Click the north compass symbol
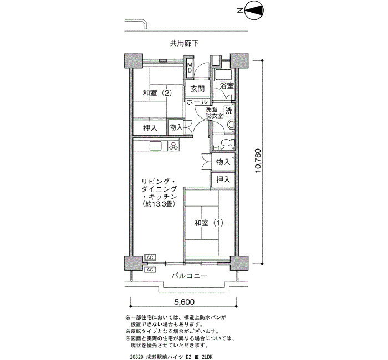(254, 11)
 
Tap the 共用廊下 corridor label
(184, 43)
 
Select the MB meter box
(190, 67)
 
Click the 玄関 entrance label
(197, 89)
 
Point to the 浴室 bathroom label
(227, 86)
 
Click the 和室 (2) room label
(157, 93)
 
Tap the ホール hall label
(197, 101)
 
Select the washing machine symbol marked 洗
(229, 111)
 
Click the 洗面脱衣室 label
(214, 112)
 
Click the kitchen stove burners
(173, 145)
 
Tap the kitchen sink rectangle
(156, 145)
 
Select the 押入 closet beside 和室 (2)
(150, 128)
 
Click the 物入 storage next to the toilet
(223, 162)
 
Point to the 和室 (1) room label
(209, 223)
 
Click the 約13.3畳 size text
(159, 204)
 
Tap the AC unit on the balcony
(150, 270)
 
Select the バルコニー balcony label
(190, 276)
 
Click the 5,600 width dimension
(185, 302)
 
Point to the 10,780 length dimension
(258, 161)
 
